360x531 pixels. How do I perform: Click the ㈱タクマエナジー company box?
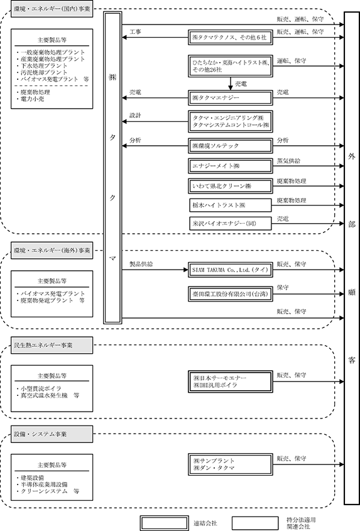(231, 98)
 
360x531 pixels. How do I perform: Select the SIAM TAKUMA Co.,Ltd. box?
(231, 270)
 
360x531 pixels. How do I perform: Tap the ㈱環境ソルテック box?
(231, 146)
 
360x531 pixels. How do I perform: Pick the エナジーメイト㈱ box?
(231, 166)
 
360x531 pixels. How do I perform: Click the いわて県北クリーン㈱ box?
(231, 186)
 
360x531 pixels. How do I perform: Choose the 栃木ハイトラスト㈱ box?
(231, 205)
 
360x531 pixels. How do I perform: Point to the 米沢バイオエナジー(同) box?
(231, 224)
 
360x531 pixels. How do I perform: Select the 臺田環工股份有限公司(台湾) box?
(231, 293)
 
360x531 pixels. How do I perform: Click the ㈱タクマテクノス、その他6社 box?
(231, 37)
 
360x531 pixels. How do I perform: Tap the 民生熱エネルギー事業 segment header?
(52, 346)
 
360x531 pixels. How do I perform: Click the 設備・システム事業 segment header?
(52, 434)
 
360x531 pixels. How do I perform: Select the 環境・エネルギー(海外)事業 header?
(52, 251)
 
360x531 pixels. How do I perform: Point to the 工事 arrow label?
(135, 32)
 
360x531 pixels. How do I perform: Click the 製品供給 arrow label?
(141, 264)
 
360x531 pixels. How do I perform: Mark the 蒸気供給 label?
(288, 161)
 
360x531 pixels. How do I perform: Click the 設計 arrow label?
(135, 116)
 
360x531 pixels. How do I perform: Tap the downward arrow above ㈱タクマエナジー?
(231, 84)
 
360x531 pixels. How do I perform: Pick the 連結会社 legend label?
(205, 523)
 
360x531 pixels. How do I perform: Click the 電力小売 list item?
(32, 99)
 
